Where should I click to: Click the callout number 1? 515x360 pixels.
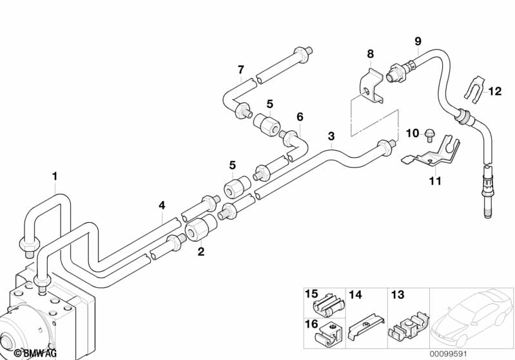coord(55,176)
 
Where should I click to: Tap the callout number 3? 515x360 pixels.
coord(331,136)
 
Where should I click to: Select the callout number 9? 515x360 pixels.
coord(418,41)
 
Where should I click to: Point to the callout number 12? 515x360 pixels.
coord(494,91)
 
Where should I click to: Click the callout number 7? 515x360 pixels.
coord(240,70)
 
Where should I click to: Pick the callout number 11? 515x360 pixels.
coord(436,182)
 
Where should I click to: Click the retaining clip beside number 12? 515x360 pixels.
coord(472,92)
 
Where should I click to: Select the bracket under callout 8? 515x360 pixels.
coord(371,86)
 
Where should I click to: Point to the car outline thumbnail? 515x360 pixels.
coord(472,319)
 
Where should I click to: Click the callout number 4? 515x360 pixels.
coord(162,205)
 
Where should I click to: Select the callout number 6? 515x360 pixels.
coord(300,117)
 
